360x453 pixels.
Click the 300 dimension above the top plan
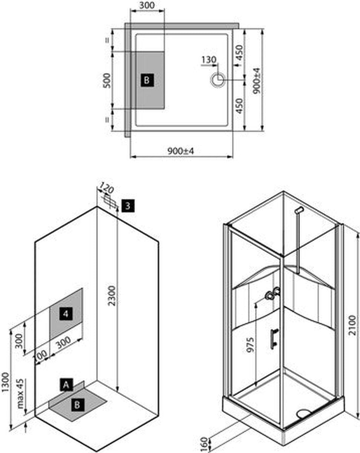(x=147, y=5)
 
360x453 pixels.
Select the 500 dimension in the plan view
(x=107, y=81)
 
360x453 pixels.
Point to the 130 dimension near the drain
(x=209, y=60)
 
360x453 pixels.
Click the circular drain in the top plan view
(x=218, y=80)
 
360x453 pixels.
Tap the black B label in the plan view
(x=147, y=80)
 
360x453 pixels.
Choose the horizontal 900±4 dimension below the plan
(x=180, y=151)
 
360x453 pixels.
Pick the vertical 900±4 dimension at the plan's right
(x=257, y=81)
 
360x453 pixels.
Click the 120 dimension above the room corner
(x=106, y=188)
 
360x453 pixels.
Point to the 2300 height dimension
(x=112, y=296)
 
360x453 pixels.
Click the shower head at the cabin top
(x=299, y=210)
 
